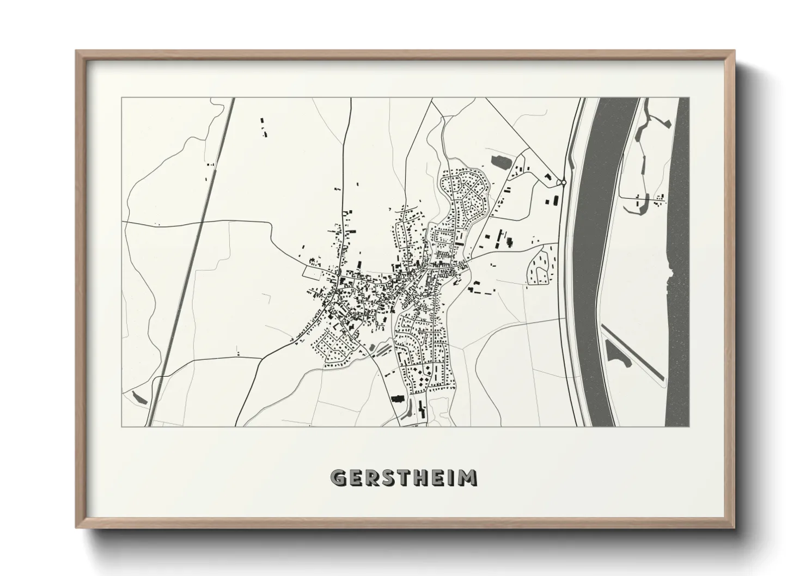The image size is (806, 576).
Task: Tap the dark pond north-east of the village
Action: [x=499, y=161]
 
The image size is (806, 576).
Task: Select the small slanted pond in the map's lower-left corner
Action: [x=139, y=397]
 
